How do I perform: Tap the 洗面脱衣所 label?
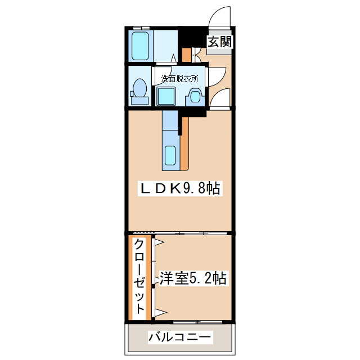(180, 79)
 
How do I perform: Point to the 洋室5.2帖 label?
(193, 278)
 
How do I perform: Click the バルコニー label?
(180, 337)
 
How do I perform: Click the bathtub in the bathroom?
(139, 46)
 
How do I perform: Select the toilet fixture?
(139, 91)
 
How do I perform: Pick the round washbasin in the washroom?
(195, 96)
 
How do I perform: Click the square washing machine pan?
(166, 96)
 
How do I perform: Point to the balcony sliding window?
(191, 322)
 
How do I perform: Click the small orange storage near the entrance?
(186, 55)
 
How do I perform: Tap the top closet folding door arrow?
(159, 243)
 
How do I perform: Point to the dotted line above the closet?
(142, 232)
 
